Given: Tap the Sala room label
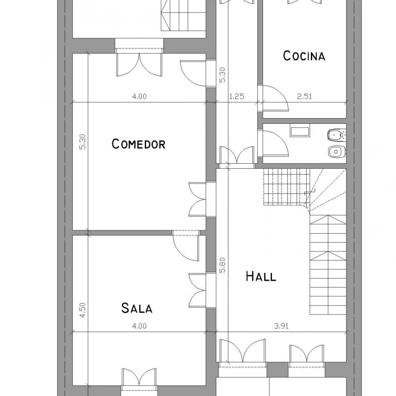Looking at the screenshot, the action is (137, 308).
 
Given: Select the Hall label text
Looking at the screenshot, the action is (261, 276).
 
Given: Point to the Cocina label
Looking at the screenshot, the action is (304, 56).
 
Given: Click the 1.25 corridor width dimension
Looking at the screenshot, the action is (237, 96).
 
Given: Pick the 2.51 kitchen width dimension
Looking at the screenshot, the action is (305, 96).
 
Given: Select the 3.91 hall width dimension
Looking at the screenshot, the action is (281, 326).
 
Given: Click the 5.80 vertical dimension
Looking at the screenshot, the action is (222, 265).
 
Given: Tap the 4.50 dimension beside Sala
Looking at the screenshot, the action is (82, 310).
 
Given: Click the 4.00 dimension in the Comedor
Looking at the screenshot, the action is (139, 96).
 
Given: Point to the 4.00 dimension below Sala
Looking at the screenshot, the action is (139, 326).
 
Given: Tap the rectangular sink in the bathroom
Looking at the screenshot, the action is (300, 132).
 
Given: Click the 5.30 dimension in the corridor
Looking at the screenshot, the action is (222, 75).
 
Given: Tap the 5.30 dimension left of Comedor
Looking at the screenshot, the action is (82, 142).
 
